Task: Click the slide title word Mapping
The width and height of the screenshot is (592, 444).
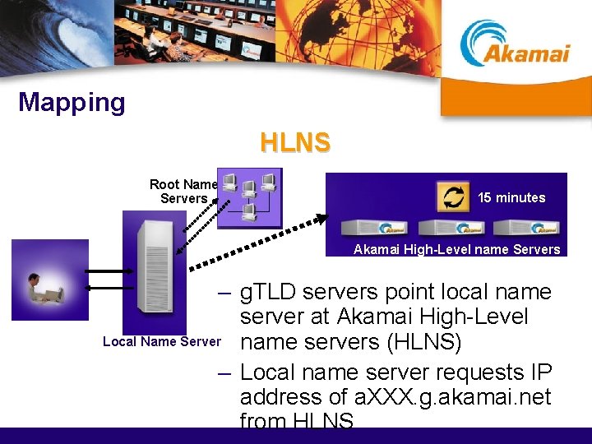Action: pos(72,103)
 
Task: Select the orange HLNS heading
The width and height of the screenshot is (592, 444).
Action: pos(295,143)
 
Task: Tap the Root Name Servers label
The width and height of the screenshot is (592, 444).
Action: pos(183,192)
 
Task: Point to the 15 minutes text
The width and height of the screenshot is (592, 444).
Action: pos(511,197)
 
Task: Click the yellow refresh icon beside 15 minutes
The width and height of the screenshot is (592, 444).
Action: pos(453,196)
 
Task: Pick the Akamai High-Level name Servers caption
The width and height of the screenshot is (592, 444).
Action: pos(456,249)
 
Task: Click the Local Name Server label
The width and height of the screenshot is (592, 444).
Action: pos(162,341)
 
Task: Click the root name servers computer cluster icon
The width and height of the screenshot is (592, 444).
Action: pos(249,198)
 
